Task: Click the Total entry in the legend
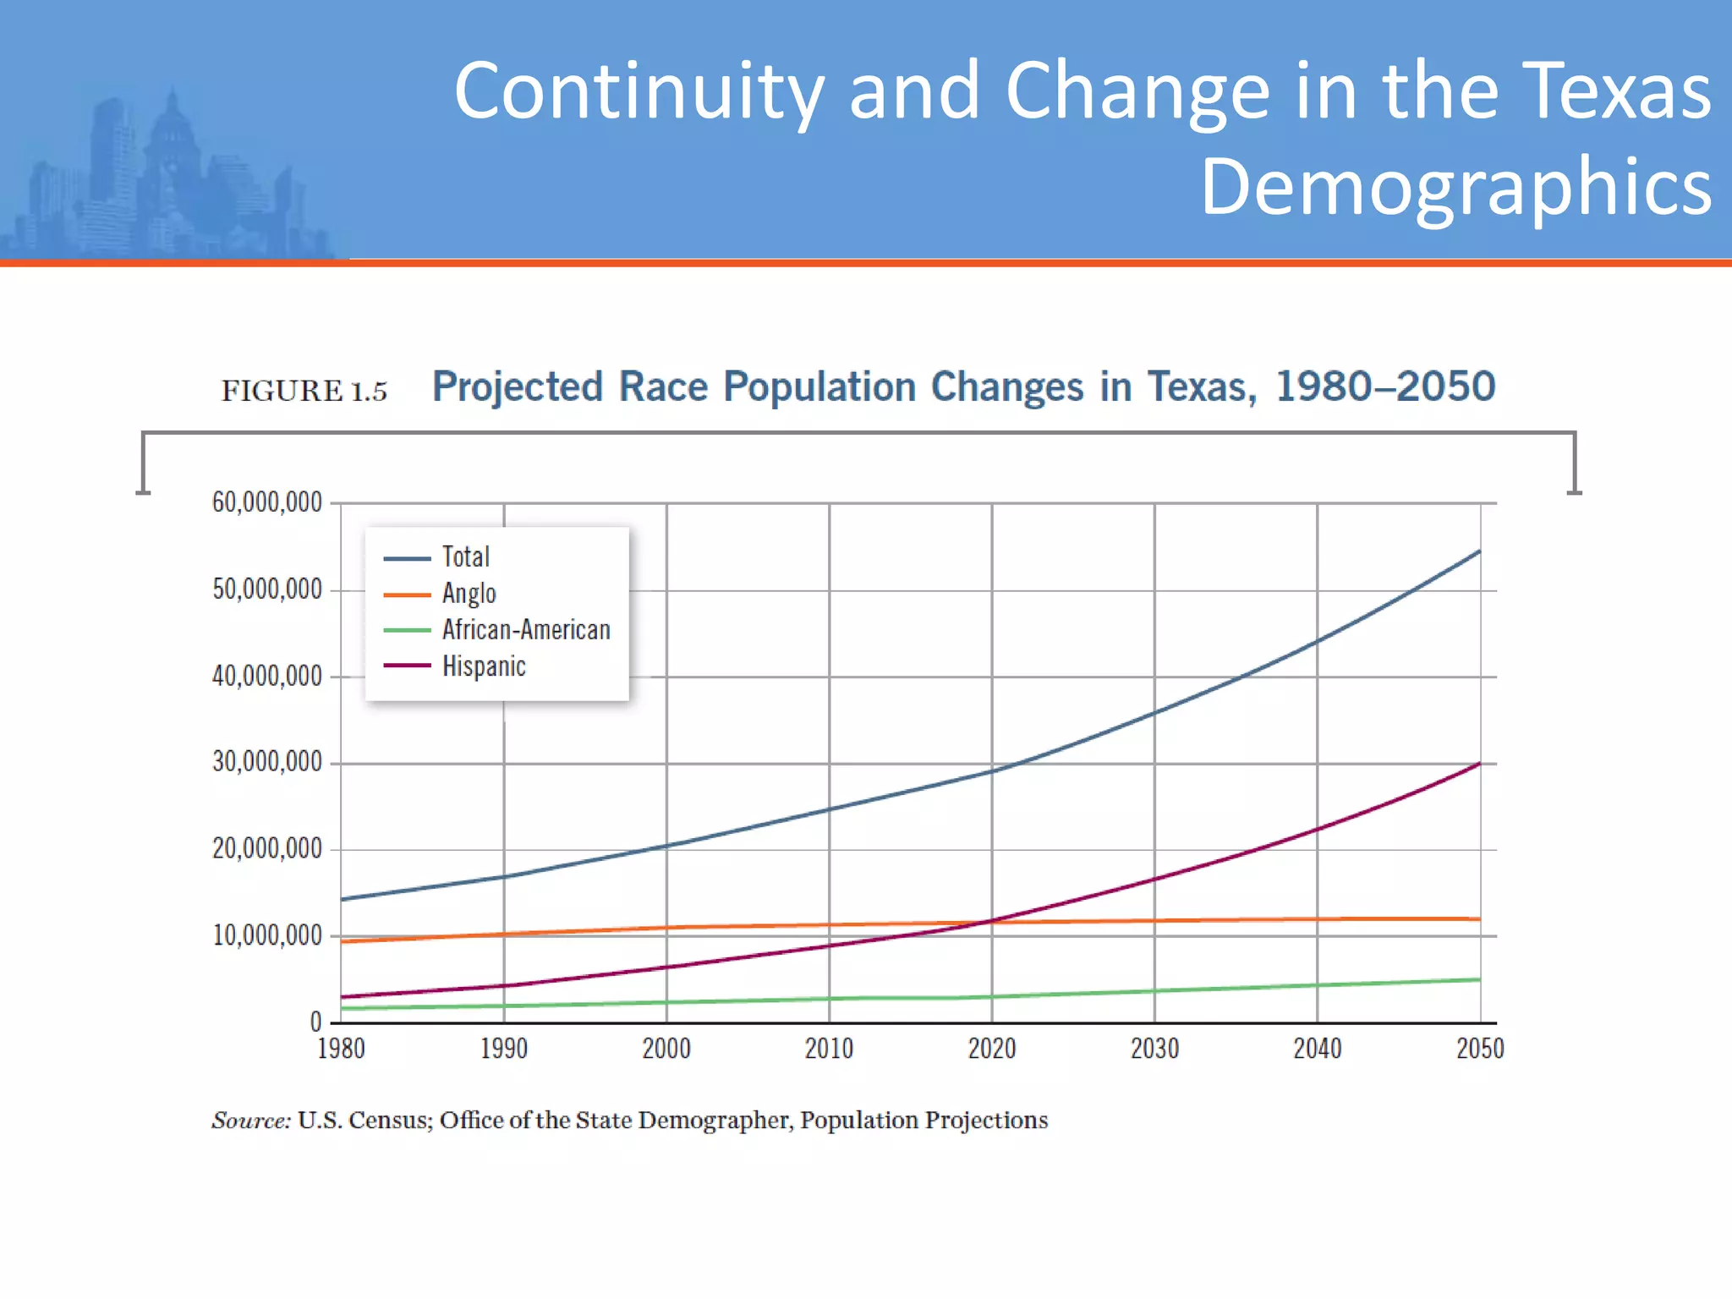point(465,557)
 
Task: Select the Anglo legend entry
point(469,594)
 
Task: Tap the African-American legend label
point(525,630)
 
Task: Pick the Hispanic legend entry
point(483,666)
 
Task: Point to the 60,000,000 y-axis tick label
point(266,502)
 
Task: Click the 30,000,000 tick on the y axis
point(266,762)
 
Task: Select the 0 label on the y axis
point(315,1022)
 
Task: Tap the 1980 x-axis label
point(341,1049)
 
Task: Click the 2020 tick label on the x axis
point(991,1049)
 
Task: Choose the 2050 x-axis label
point(1479,1049)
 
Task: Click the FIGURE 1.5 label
point(304,391)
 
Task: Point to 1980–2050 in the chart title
point(1385,386)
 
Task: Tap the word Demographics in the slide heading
point(1455,187)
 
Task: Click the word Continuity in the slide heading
point(639,91)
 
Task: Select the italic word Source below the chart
point(250,1121)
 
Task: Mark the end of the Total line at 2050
point(1479,551)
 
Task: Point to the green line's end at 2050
point(1479,979)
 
